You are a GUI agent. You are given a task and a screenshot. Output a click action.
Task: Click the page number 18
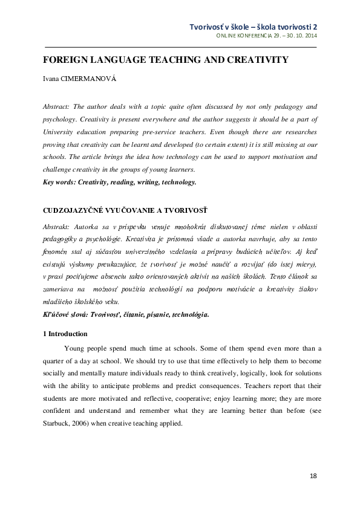[313, 476]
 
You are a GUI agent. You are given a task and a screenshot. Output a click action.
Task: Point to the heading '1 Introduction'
[65, 334]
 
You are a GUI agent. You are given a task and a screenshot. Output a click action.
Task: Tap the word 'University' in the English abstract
[60, 132]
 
